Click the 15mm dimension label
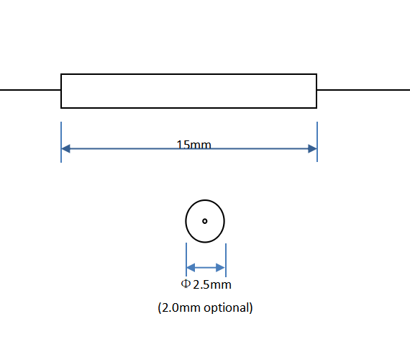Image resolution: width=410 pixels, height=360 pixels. pyautogui.click(x=193, y=145)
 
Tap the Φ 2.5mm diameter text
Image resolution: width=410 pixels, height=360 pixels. pyautogui.click(x=206, y=284)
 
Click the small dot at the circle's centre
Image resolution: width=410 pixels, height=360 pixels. pyautogui.click(x=205, y=221)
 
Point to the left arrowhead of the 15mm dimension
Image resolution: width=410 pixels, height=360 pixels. pyautogui.click(x=65, y=148)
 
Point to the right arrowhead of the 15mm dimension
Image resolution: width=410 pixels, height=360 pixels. pyautogui.click(x=312, y=148)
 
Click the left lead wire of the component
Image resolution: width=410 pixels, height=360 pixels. pyautogui.click(x=30, y=90)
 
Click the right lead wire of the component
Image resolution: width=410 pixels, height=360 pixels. pyautogui.click(x=363, y=90)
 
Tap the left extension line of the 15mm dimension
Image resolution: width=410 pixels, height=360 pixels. pyautogui.click(x=61, y=142)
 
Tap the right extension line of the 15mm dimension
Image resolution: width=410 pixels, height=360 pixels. pyautogui.click(x=317, y=142)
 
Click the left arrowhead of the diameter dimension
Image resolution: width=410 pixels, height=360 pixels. pyautogui.click(x=191, y=268)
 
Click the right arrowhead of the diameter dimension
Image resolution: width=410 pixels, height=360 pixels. pyautogui.click(x=221, y=268)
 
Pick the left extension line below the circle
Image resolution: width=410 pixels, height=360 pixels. pyautogui.click(x=186, y=259)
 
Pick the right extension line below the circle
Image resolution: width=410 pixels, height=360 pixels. pyautogui.click(x=226, y=260)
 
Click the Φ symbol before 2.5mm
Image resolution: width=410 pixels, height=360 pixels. pyautogui.click(x=185, y=284)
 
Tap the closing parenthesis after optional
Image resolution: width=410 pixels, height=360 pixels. pyautogui.click(x=251, y=307)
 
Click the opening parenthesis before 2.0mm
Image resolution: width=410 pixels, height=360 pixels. pyautogui.click(x=160, y=307)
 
